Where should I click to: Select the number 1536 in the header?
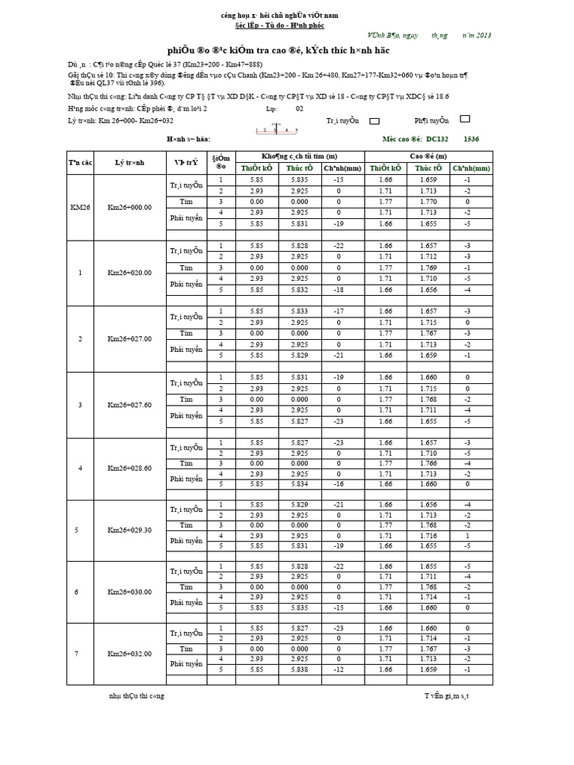click(472, 139)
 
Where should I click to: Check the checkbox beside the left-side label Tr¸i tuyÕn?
click(375, 120)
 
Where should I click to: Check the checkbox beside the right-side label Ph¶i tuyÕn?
click(465, 120)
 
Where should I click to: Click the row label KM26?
click(80, 207)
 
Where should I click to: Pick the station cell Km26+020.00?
click(129, 273)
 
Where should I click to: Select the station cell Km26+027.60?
click(129, 405)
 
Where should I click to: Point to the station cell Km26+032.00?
click(129, 654)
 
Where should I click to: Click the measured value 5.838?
click(300, 670)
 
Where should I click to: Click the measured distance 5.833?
click(300, 312)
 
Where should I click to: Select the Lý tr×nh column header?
click(129, 162)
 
